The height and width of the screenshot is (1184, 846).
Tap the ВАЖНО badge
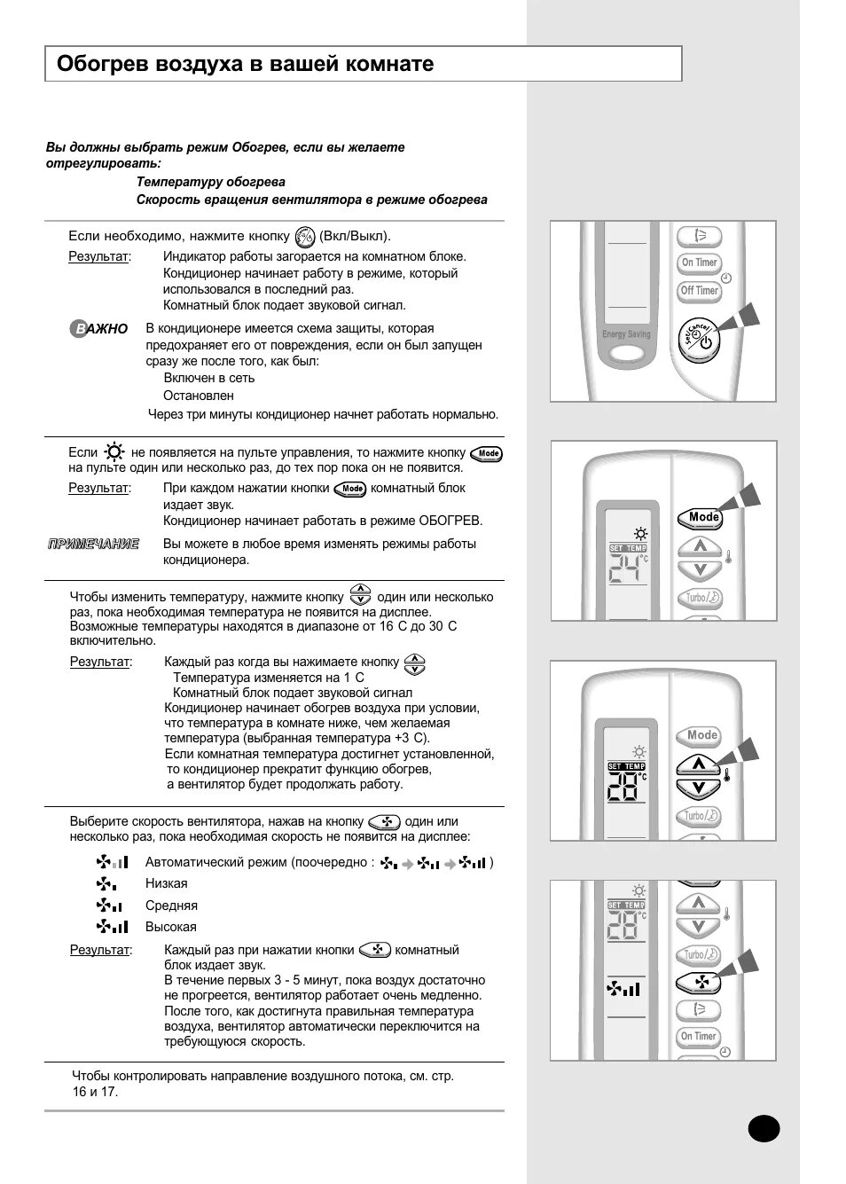pos(99,329)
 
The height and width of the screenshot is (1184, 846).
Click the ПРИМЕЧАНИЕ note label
pos(93,544)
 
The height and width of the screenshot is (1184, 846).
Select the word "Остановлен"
pos(199,396)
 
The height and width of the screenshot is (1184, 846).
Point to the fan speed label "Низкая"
pos(167,883)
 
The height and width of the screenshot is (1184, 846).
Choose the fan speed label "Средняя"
pos(171,906)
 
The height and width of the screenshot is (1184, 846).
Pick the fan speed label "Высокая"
pos(171,927)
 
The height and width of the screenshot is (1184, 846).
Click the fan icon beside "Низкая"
pos(106,883)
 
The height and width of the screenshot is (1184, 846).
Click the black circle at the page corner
pos(764,1128)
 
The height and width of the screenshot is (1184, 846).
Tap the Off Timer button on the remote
pos(699,291)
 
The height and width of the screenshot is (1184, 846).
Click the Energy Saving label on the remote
pos(626,334)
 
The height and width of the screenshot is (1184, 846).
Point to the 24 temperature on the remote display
pos(626,570)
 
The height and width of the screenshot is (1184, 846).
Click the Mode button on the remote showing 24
pos(701,517)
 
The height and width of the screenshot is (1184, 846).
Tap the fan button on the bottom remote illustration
pos(698,983)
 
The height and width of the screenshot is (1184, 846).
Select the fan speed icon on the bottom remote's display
pos(623,988)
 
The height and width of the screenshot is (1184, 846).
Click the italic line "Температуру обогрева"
pos(210,182)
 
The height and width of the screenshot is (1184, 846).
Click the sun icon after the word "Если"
pos(114,452)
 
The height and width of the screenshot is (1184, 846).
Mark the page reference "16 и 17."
pos(95,1092)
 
